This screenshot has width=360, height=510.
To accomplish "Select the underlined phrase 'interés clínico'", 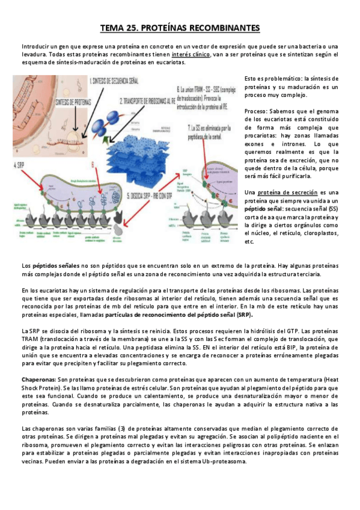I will click(191, 54).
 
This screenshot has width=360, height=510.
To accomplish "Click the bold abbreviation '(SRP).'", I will click(244, 314).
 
